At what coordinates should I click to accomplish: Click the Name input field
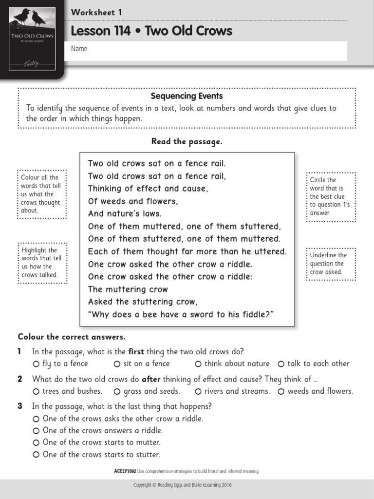[208, 51]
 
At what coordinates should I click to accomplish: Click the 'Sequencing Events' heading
[187, 96]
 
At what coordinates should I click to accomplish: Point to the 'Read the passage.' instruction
[187, 141]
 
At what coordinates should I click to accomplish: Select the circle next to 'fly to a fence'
[36, 364]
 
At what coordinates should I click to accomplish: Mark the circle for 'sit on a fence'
[117, 364]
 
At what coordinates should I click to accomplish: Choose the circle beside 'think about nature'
[198, 364]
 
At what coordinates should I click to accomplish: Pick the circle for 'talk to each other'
[281, 364]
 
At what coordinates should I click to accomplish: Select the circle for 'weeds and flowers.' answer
[281, 391]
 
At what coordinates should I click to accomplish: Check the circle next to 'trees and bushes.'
[36, 391]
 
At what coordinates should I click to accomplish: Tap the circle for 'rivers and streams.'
[198, 391]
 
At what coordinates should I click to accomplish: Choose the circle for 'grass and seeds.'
[117, 391]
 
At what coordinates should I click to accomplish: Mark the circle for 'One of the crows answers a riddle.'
[36, 431]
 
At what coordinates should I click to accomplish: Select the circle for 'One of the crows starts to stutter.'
[36, 455]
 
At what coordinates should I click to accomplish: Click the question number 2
[20, 379]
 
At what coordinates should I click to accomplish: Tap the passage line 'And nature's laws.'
[125, 213]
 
